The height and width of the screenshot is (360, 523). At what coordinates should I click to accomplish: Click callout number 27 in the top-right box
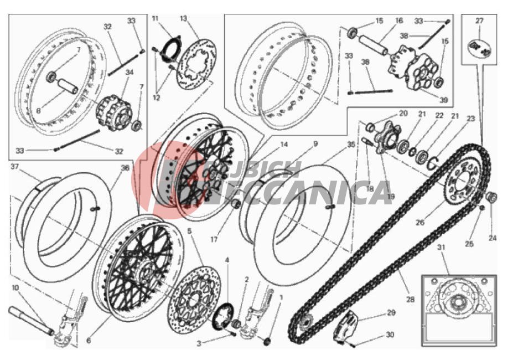pyautogui.click(x=479, y=20)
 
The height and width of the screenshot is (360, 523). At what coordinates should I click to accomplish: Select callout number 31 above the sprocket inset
pyautogui.click(x=441, y=248)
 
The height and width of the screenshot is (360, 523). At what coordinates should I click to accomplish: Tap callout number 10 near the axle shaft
pyautogui.click(x=15, y=287)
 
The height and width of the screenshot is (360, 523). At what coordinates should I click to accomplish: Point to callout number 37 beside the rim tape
pyautogui.click(x=15, y=167)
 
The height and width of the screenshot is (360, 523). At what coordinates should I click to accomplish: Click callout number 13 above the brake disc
pyautogui.click(x=183, y=18)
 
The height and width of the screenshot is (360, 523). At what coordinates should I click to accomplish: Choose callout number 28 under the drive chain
pyautogui.click(x=411, y=299)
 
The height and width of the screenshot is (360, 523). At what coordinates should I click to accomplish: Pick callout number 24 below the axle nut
pyautogui.click(x=493, y=238)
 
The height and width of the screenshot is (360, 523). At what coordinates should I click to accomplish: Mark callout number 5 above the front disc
pyautogui.click(x=189, y=231)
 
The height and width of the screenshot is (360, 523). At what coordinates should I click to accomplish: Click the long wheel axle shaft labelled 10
pyautogui.click(x=32, y=320)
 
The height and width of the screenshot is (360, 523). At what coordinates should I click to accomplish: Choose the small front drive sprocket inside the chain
pyautogui.click(x=304, y=323)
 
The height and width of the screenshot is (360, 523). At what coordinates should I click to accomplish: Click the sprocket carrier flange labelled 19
pyautogui.click(x=385, y=137)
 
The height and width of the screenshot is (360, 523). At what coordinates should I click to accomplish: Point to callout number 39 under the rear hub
pyautogui.click(x=443, y=100)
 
